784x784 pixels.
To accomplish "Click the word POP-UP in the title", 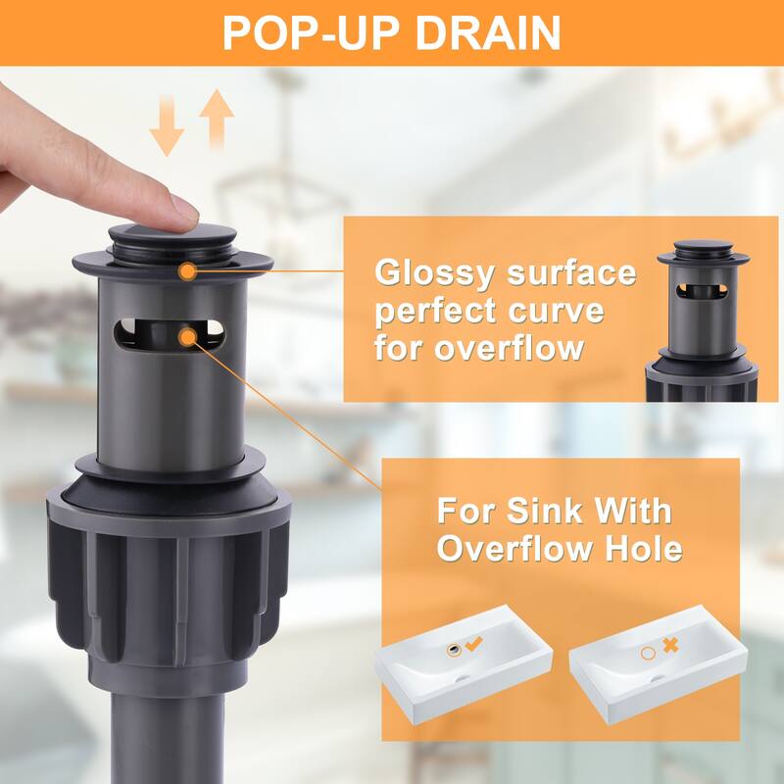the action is [311, 32].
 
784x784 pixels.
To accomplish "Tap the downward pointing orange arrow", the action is [167, 125].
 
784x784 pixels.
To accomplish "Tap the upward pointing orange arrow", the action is [217, 119].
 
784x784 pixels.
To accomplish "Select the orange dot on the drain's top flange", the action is [187, 271].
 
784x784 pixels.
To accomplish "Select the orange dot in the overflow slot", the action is [187, 337].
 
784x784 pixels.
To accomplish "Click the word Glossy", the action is [434, 274].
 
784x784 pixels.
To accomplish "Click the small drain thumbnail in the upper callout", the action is [703, 320].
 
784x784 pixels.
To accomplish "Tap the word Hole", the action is [644, 548].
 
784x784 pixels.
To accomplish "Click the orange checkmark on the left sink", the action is [474, 644].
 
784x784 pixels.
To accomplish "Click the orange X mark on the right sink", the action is [670, 645].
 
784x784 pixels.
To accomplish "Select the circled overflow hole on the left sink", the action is [454, 650].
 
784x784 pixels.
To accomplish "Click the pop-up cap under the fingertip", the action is [172, 235].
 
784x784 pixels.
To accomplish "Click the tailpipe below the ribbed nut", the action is [168, 738].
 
